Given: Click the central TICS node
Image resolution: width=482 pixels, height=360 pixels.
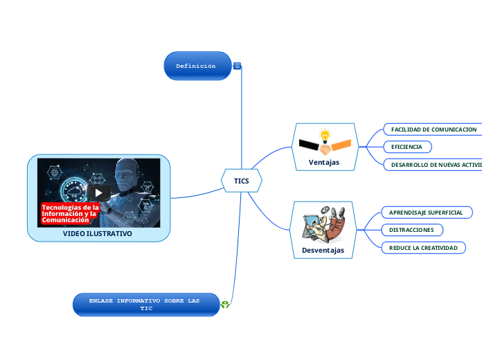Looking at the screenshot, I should point(241,181).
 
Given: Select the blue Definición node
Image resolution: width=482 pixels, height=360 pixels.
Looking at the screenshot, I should point(197,66).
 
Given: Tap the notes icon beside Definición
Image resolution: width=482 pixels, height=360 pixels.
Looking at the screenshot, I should point(238,66).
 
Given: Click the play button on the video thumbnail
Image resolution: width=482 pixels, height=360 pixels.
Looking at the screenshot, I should point(98,192).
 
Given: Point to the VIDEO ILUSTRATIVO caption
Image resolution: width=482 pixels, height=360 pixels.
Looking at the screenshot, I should point(98,234).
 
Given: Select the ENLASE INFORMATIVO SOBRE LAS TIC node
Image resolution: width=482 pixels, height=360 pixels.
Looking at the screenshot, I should point(145,305).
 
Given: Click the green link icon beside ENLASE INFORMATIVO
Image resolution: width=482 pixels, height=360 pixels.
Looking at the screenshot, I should point(225,304).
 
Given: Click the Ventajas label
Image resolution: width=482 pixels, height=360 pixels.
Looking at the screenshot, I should point(324,163).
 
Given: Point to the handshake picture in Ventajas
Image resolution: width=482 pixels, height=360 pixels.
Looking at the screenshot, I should point(324,147).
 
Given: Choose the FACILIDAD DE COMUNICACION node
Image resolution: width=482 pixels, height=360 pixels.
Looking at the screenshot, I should point(433,129).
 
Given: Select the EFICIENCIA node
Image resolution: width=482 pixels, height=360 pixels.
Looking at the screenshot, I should point(407,147).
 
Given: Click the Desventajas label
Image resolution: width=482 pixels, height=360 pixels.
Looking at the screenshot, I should point(323,250).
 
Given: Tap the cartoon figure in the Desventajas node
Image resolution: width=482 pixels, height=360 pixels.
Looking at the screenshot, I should point(323,224).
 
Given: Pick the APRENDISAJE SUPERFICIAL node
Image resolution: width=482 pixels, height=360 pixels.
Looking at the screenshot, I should point(425,213).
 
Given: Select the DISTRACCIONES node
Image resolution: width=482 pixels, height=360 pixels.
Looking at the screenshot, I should point(411,230).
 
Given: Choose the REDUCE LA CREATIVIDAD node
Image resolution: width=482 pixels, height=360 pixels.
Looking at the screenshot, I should point(423,247).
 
